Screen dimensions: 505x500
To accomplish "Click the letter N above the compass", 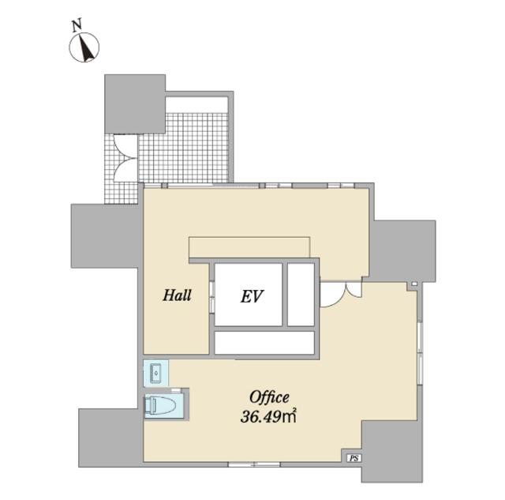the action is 77,25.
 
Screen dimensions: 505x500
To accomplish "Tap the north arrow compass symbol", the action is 84,47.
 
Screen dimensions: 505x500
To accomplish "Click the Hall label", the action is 177,295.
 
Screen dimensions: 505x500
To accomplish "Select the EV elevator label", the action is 252,296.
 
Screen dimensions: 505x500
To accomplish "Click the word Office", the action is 270,397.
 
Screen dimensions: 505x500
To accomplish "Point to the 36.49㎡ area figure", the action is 268,417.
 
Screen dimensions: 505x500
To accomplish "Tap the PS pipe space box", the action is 354,458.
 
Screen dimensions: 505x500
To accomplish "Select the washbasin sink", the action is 156,374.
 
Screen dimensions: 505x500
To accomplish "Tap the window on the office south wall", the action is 254,464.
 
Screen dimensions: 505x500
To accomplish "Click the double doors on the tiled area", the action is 125,158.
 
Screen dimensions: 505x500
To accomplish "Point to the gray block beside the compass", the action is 135,103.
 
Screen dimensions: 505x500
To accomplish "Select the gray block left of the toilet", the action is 110,438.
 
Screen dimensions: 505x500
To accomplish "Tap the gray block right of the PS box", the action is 392,451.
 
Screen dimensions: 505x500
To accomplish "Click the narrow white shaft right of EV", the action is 301,295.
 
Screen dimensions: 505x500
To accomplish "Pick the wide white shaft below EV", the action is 264,343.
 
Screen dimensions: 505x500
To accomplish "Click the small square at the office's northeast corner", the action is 414,284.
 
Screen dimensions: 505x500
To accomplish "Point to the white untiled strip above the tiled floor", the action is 196,104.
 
